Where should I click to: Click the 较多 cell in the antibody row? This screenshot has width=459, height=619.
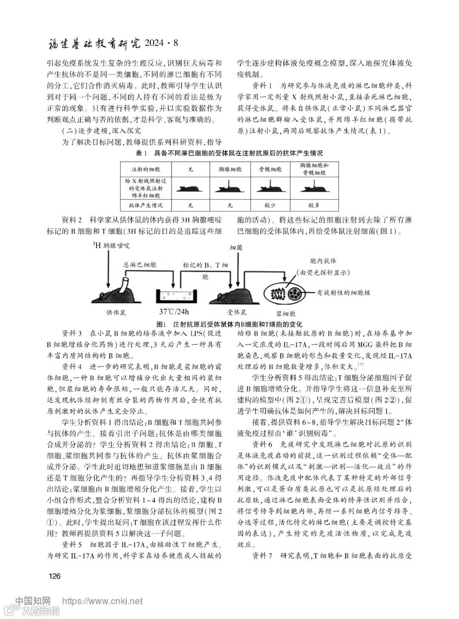pyautogui.click(x=314, y=205)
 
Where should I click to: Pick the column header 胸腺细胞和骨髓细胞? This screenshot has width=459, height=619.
pyautogui.click(x=314, y=169)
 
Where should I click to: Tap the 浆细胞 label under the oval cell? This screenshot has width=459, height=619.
pyautogui.click(x=286, y=314)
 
